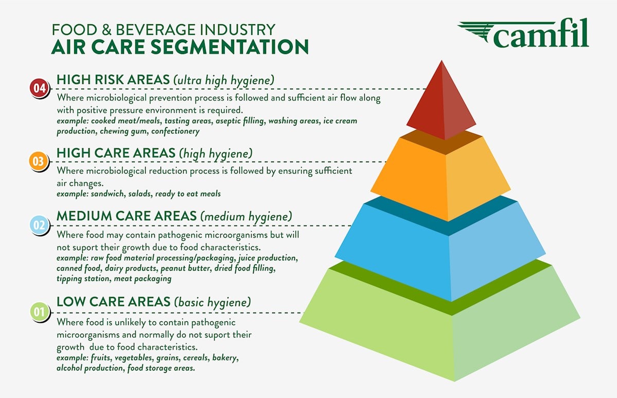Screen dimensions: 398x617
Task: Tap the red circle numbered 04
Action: tap(39, 88)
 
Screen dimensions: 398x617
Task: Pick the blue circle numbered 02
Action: tap(39, 225)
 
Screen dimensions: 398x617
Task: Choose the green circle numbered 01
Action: tap(39, 312)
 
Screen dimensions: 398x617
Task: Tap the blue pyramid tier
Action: tap(440, 247)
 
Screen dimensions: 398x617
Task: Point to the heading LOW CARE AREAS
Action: tap(113, 301)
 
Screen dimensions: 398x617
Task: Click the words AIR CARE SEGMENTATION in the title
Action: tap(180, 46)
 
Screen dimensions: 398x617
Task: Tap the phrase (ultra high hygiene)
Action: tap(223, 80)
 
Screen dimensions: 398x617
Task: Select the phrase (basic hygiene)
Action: tap(213, 302)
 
